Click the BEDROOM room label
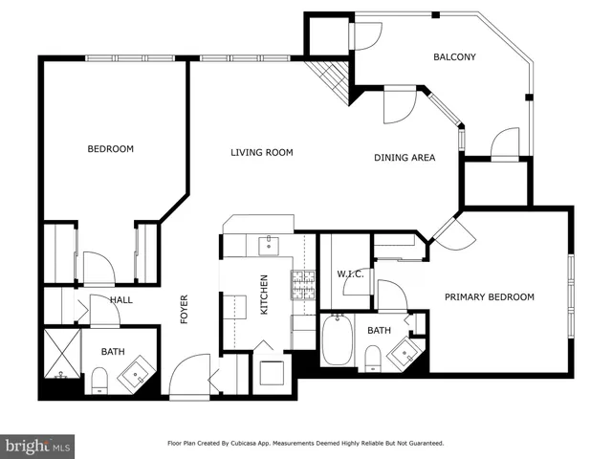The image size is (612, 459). (111, 149)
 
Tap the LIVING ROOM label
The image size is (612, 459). (261, 153)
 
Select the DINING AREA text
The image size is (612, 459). (405, 158)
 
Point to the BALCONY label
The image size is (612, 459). (454, 57)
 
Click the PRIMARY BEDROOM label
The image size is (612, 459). (489, 297)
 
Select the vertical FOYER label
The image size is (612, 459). (185, 309)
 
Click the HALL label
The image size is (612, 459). (120, 300)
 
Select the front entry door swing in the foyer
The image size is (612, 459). (190, 376)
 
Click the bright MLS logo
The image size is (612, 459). (38, 446)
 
